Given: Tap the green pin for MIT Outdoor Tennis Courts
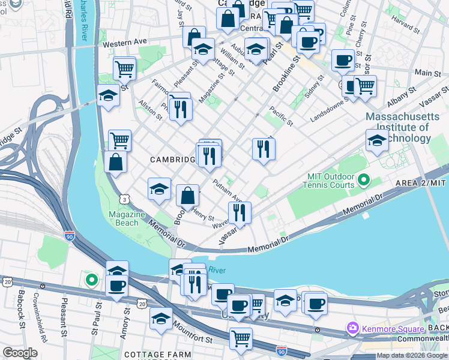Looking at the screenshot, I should point(363,179).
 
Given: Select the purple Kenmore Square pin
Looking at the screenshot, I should point(353,328).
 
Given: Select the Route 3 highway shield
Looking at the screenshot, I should point(124,197).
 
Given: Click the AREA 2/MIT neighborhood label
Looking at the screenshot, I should point(420,182).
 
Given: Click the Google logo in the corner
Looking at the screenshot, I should point(20,353).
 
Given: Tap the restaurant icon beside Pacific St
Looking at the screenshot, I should point(264,148).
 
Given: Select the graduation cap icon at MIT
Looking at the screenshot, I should point(377,141).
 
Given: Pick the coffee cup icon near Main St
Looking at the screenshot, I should point(343,60).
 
